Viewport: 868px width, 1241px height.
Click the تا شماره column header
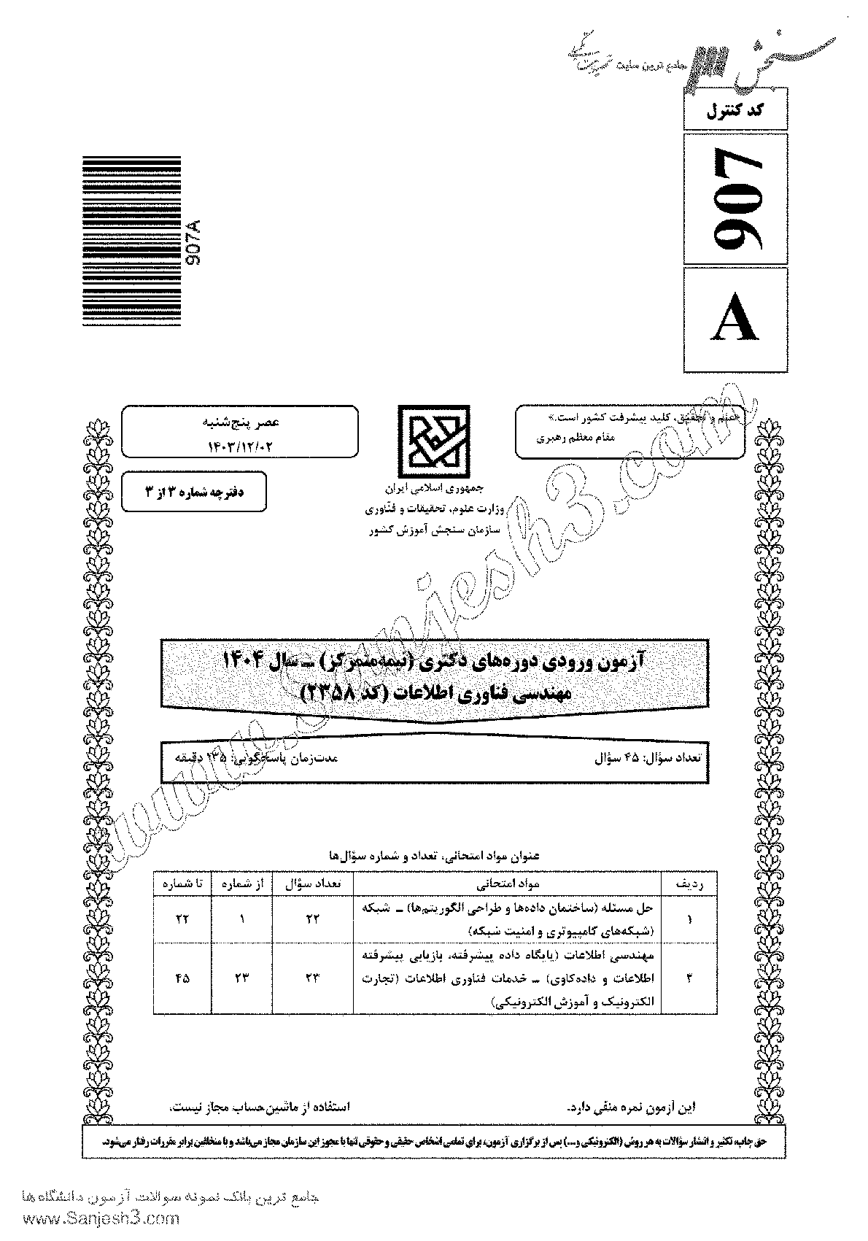(182, 884)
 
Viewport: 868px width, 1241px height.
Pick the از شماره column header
(241, 884)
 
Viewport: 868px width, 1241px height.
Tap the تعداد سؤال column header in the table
(312, 884)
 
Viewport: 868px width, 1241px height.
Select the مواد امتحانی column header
(507, 884)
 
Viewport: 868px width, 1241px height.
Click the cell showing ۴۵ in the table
(182, 978)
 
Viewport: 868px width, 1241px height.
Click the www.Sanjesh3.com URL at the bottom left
(91, 1219)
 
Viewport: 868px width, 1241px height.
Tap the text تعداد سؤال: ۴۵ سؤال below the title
(648, 757)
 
